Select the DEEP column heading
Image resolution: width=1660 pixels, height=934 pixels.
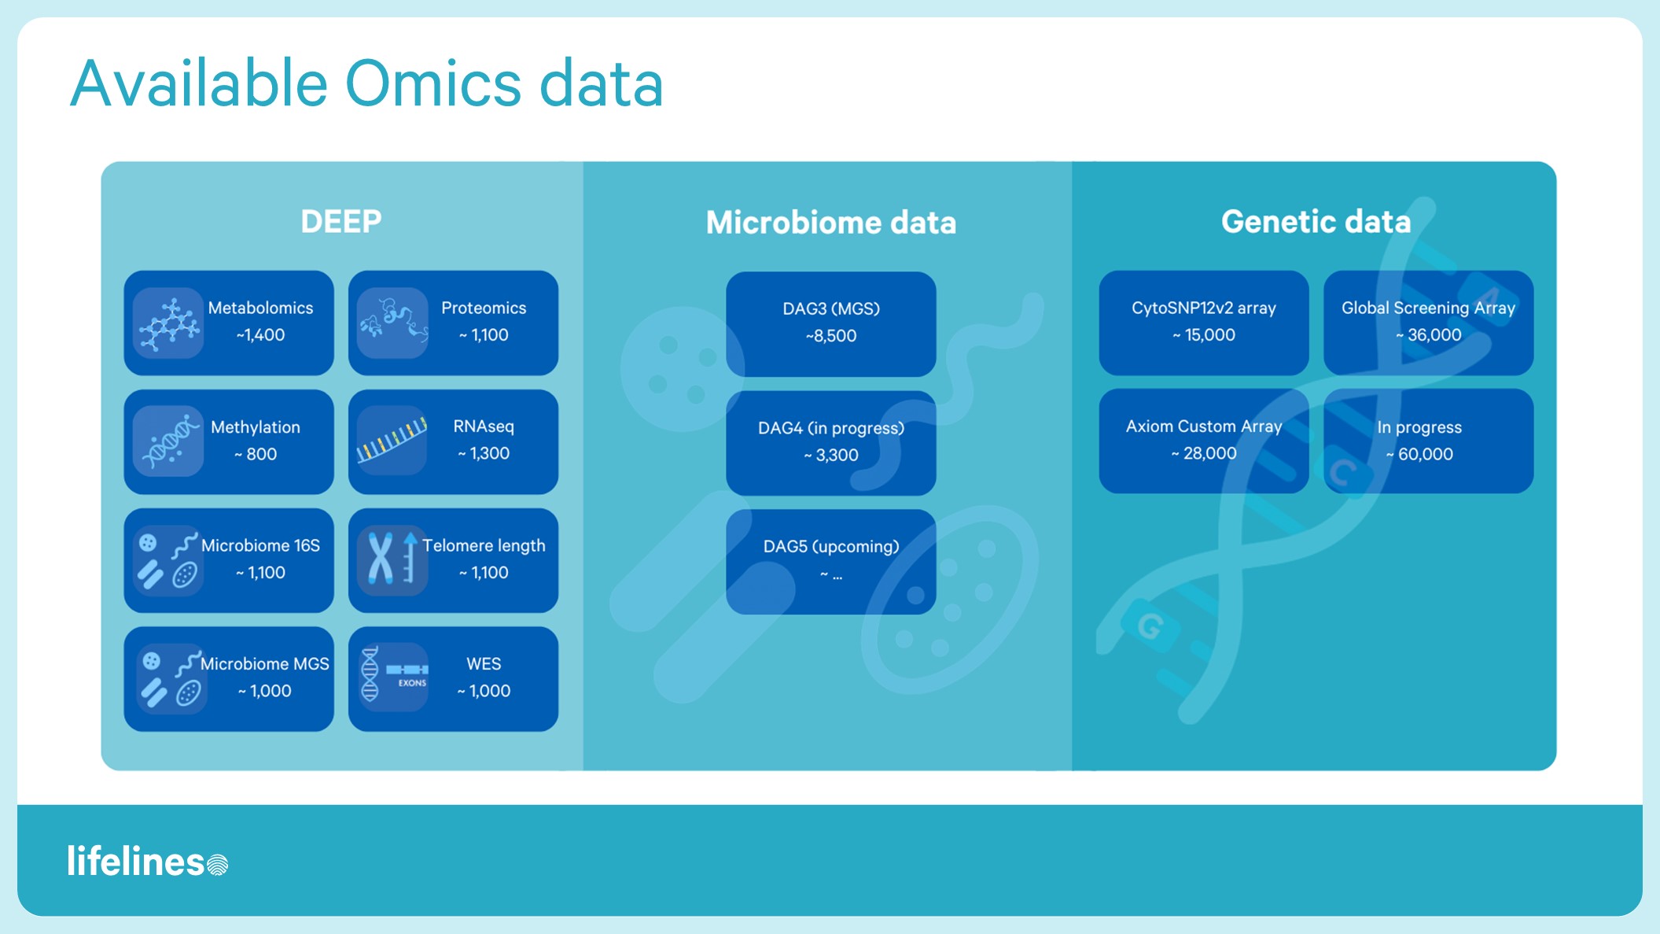341,222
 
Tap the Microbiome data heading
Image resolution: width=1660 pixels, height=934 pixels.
830,223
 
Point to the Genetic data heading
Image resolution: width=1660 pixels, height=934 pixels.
1316,222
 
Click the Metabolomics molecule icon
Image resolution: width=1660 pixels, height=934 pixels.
168,323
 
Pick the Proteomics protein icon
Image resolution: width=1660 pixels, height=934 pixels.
392,323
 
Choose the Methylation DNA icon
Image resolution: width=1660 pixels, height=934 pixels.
168,442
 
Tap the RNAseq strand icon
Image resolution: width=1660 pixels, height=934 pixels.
392,441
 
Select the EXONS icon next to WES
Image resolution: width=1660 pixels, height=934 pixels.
393,677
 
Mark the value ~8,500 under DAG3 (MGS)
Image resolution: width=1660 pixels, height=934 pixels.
830,336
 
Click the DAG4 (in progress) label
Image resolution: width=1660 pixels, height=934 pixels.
830,428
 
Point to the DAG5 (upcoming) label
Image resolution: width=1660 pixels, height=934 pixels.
830,546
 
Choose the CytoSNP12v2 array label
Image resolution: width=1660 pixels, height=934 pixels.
1203,308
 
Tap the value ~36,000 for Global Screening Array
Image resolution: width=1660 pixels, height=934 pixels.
1428,335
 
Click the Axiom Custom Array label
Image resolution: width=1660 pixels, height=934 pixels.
1203,426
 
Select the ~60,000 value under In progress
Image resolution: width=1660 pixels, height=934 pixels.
1419,454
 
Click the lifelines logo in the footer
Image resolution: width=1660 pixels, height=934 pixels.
147,862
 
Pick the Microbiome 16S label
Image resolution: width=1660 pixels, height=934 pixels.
260,545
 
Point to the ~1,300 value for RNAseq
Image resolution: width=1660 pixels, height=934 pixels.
484,453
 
